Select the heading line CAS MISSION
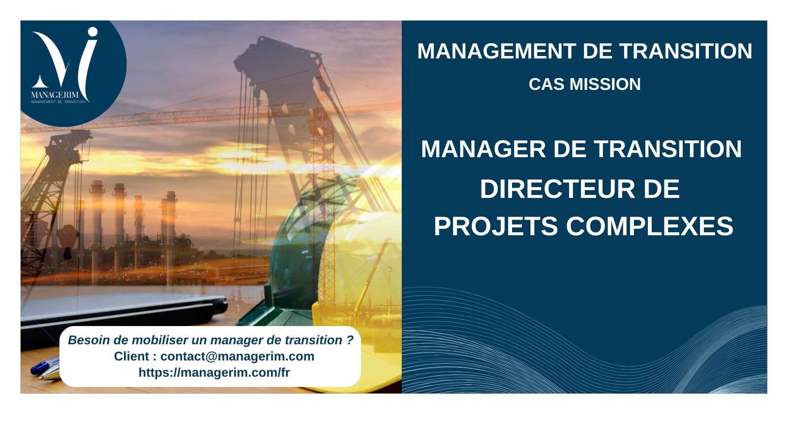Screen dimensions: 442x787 coord(584,84)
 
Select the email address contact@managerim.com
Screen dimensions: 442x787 coord(237,357)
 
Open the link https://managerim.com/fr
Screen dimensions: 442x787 coord(214,373)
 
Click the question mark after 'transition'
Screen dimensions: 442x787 coord(350,340)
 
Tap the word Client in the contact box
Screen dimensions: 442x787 coord(131,357)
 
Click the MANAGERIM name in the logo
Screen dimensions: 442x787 coord(55,95)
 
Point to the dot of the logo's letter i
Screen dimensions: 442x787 coord(92,32)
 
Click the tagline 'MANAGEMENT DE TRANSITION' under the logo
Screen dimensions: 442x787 coord(58,102)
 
